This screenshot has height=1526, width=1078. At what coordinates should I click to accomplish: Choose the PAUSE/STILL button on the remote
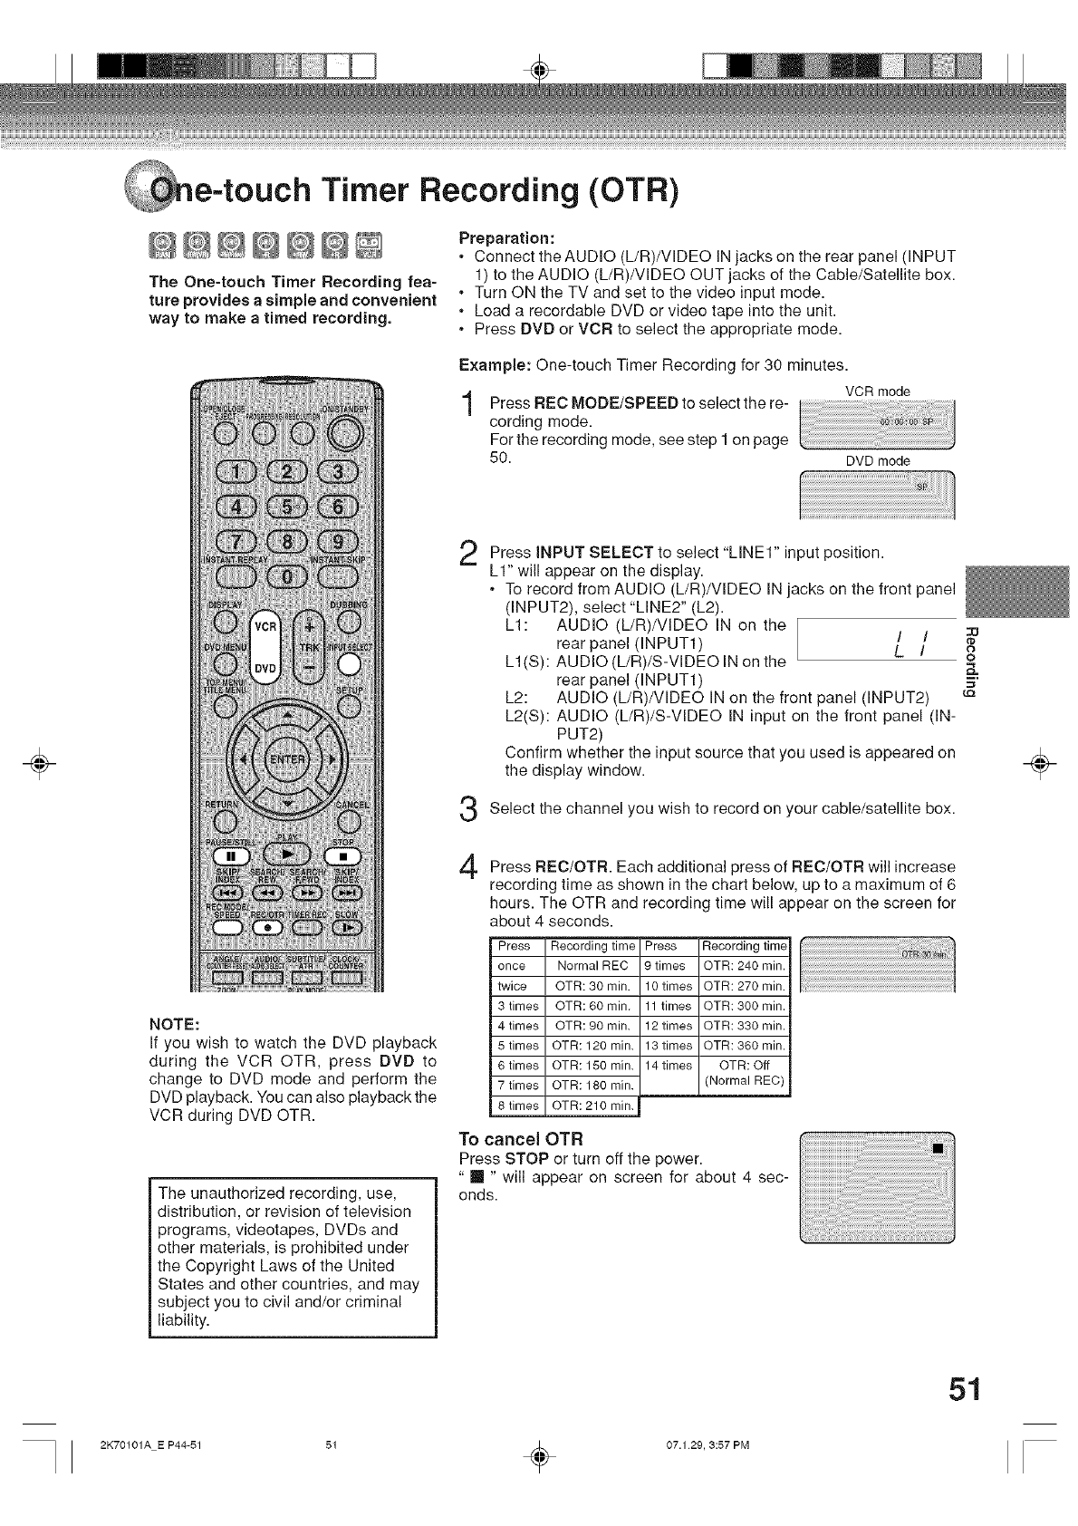[227, 856]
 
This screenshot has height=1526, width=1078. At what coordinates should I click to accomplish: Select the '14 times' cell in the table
[669, 1065]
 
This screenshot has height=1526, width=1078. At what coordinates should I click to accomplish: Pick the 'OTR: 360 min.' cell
[744, 1045]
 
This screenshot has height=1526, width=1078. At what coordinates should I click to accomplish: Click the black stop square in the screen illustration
[938, 1148]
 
